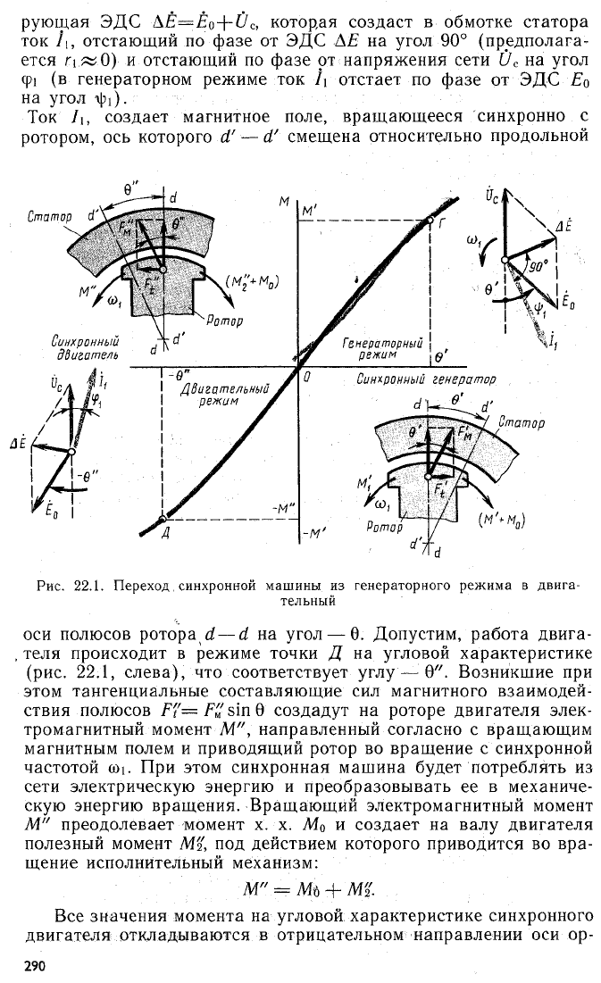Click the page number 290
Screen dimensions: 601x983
click(x=34, y=966)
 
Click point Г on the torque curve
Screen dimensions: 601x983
click(x=430, y=220)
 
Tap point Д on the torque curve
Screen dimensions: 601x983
click(x=163, y=519)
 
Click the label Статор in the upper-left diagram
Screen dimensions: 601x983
click(x=49, y=216)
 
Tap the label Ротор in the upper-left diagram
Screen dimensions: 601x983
click(x=224, y=321)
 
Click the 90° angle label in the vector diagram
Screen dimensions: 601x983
click(x=538, y=265)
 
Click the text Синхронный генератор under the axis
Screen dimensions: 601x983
click(x=426, y=379)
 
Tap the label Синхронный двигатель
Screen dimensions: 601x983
click(x=86, y=348)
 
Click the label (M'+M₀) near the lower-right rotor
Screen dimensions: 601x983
click(x=501, y=520)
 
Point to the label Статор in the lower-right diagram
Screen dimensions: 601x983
click(x=522, y=422)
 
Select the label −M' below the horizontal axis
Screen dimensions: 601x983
click(x=312, y=534)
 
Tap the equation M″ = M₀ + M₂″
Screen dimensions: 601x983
click(x=310, y=888)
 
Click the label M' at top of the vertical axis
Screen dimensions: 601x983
click(x=310, y=212)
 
